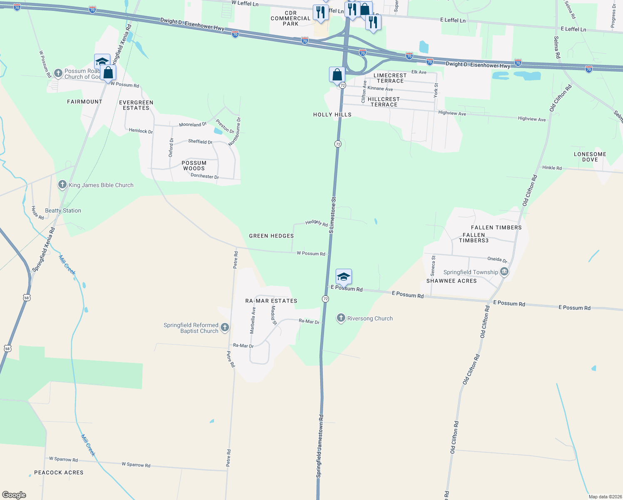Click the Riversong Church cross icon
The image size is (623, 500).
click(x=341, y=318)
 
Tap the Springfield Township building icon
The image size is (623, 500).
click(x=504, y=272)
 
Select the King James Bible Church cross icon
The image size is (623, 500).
click(x=62, y=185)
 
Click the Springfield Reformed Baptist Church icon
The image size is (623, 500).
click(x=225, y=327)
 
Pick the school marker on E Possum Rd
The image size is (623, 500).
click(x=344, y=277)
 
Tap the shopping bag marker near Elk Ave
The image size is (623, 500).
click(x=337, y=75)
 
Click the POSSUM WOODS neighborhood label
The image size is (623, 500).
click(x=194, y=166)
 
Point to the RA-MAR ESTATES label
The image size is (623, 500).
click(x=271, y=301)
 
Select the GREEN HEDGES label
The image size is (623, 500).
click(x=272, y=236)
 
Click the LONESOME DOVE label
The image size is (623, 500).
click(x=590, y=157)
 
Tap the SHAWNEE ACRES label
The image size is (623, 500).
click(x=451, y=281)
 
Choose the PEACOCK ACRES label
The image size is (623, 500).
click(x=59, y=472)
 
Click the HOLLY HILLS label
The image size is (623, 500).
click(x=332, y=115)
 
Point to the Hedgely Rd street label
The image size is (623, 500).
click(x=316, y=223)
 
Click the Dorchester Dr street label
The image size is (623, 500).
click(x=204, y=176)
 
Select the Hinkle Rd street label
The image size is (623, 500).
click(x=552, y=168)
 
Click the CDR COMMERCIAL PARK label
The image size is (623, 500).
click(x=291, y=18)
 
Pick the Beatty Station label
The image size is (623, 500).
click(x=63, y=210)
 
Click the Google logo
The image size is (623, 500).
click(x=14, y=495)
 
